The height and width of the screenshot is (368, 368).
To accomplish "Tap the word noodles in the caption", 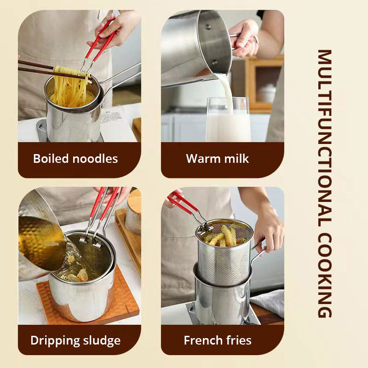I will (95, 159).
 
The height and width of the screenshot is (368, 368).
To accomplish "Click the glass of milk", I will (229, 122).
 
